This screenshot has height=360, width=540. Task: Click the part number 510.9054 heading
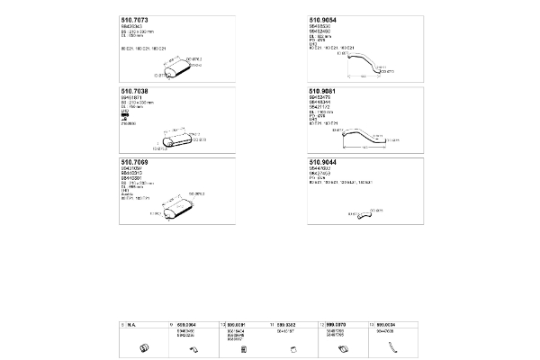(x=324, y=20)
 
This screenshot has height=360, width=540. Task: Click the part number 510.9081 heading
(x=324, y=91)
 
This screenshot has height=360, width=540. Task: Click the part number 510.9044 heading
(x=324, y=162)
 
